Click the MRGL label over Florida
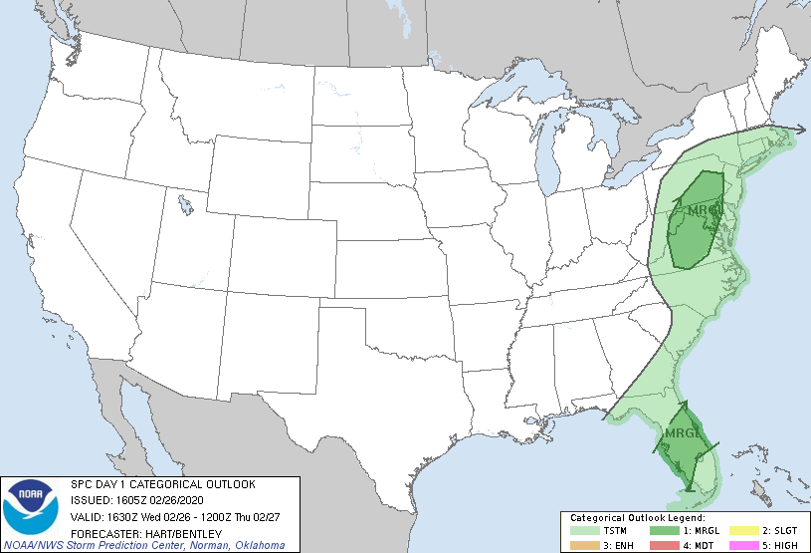(x=684, y=434)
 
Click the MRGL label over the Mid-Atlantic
(x=704, y=210)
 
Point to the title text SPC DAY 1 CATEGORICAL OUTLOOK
(x=162, y=484)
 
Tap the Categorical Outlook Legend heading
(x=638, y=518)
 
